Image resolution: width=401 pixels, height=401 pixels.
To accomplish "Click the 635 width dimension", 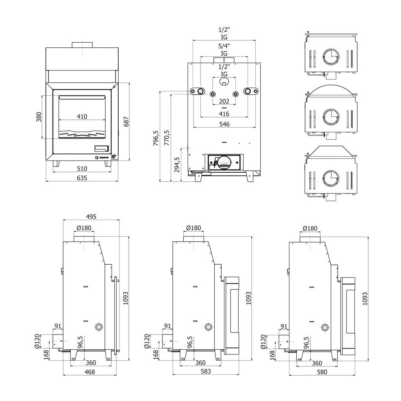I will pos(82,178).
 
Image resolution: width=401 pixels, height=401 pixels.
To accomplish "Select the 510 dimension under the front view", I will pos(82,168).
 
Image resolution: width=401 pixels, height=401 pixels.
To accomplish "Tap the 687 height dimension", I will pos(126,122).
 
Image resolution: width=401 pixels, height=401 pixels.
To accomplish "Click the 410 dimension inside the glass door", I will pos(82,116).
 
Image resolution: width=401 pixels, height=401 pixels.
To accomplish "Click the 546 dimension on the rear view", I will pos(224,124).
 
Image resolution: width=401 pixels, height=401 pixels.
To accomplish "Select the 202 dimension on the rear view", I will pos(224,101).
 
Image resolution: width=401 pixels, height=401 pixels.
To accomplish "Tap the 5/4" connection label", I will pos(224,46).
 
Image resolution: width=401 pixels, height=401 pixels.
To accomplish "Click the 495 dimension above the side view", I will pos(91,217).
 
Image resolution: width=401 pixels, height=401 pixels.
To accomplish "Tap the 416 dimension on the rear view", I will pos(224,114).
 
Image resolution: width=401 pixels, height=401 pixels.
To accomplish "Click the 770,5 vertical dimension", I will pos(167,137).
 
